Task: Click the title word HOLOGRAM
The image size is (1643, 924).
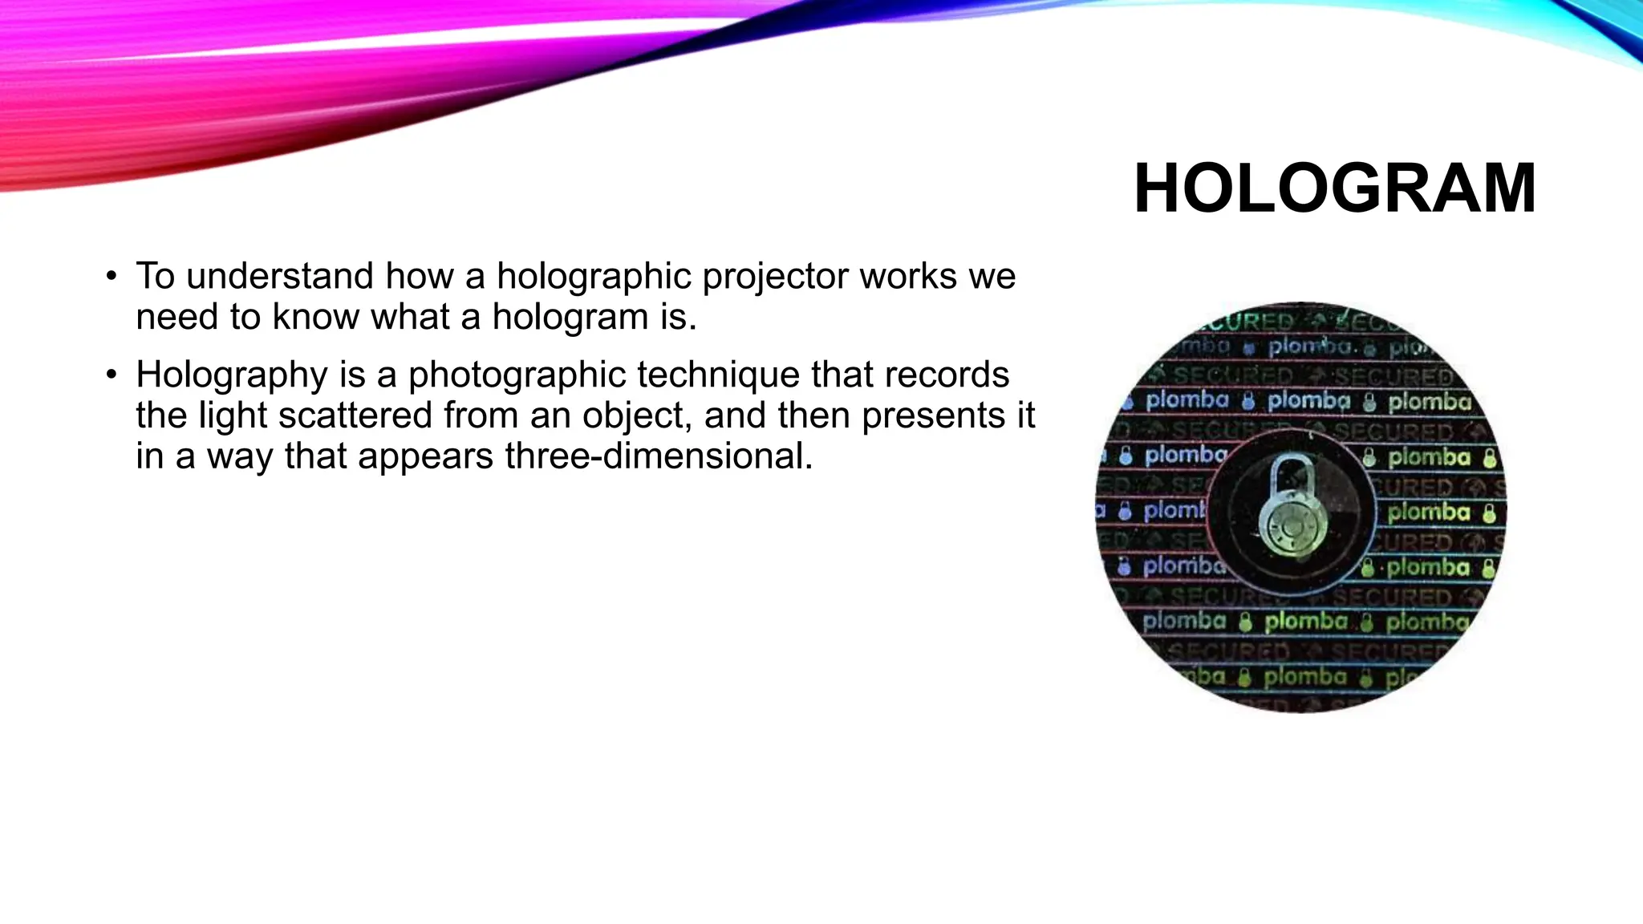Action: [1334, 189]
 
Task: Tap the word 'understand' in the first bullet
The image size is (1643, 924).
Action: [279, 277]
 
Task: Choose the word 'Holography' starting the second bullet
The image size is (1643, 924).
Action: [227, 376]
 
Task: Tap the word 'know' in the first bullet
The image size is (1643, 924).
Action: [315, 318]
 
